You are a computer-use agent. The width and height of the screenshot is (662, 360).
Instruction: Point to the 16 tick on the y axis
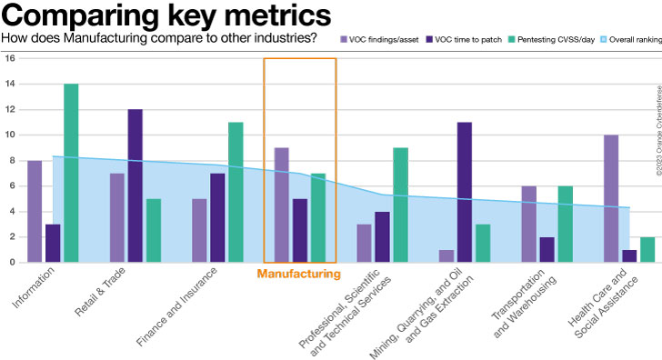pyautogui.click(x=10, y=58)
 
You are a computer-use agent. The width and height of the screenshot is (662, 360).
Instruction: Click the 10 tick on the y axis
pyautogui.click(x=10, y=135)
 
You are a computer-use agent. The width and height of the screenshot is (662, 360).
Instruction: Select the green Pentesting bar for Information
pyautogui.click(x=71, y=173)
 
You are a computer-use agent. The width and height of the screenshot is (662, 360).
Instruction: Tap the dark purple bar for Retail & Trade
pyautogui.click(x=135, y=185)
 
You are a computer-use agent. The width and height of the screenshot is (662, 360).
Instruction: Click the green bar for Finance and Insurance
pyautogui.click(x=236, y=192)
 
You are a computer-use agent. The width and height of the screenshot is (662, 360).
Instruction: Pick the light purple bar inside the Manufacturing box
pyautogui.click(x=282, y=205)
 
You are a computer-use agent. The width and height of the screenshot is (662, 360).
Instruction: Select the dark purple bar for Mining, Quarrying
pyautogui.click(x=464, y=192)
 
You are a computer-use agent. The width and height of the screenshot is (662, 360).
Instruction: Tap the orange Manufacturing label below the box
pyautogui.click(x=298, y=273)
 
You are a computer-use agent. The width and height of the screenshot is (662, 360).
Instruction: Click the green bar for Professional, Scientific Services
pyautogui.click(x=400, y=205)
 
